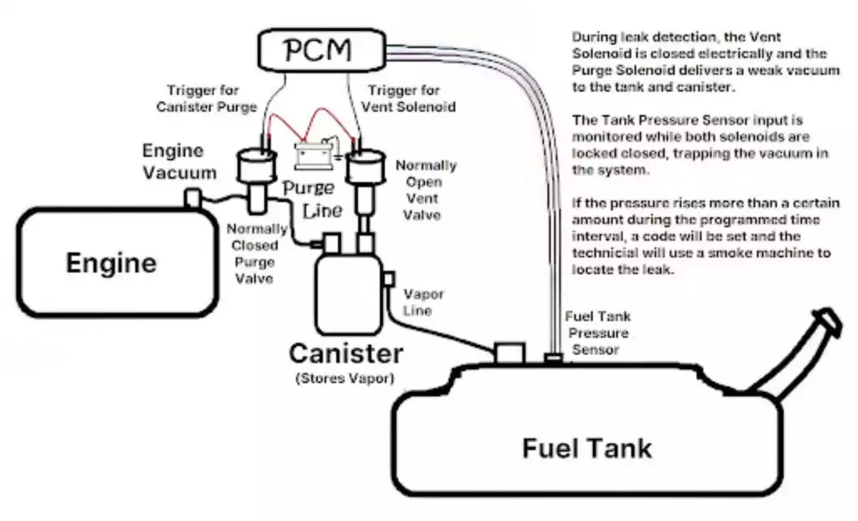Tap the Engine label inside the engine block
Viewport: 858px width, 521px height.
(111, 263)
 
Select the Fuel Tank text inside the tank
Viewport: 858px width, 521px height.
(587, 447)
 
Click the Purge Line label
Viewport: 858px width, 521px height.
(309, 199)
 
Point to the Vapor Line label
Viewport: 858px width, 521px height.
(417, 302)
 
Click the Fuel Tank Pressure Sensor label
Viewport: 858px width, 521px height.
(598, 333)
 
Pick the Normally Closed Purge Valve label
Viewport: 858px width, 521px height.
(256, 253)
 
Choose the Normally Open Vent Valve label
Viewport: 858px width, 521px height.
(426, 190)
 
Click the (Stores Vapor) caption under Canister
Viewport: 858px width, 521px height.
(344, 378)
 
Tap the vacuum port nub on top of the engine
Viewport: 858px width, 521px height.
(192, 199)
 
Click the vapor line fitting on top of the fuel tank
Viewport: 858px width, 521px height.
(509, 352)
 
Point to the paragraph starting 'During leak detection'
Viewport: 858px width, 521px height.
(705, 61)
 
